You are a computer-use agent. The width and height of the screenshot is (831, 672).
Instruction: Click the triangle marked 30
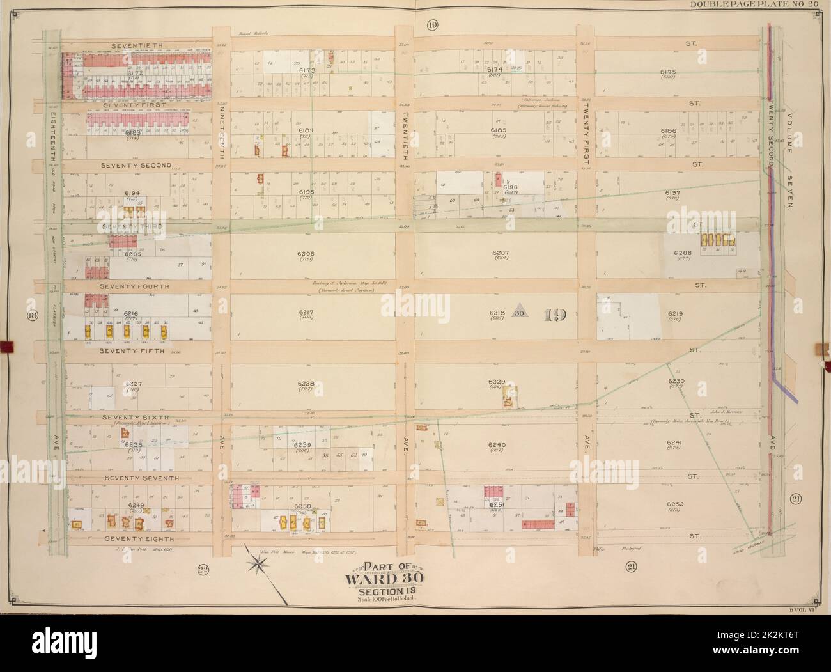[520, 313]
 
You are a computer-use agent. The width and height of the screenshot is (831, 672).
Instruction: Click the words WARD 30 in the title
[374, 580]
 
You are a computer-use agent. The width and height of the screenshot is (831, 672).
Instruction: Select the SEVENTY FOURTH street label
[134, 286]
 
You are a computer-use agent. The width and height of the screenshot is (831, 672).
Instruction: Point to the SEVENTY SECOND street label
[136, 165]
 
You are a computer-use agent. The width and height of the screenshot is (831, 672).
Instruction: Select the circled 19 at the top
[433, 25]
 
